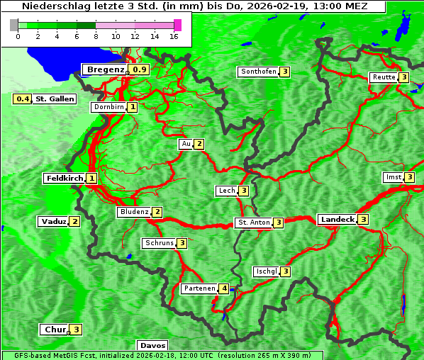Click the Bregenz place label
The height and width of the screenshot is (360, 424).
point(105,69)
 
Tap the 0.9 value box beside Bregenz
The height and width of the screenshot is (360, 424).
point(140,69)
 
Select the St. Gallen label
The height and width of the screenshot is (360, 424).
point(55,99)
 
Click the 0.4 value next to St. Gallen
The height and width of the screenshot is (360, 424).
point(23,99)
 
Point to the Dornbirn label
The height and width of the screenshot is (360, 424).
point(108,107)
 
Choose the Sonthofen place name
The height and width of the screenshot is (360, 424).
point(258,72)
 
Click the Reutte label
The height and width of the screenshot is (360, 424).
point(384,77)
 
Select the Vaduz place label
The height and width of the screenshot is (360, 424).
point(53,221)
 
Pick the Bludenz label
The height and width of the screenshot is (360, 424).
point(134,212)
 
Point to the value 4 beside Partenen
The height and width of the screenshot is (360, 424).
point(224,288)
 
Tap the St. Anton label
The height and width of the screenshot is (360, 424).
point(254,223)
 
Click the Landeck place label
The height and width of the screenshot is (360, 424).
point(337,220)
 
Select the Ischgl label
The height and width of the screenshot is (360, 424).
point(267,271)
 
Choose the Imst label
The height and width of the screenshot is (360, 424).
point(392,177)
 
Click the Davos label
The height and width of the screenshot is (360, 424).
point(152,346)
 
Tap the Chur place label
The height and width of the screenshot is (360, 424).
point(55,330)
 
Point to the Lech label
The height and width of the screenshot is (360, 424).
point(226,191)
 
